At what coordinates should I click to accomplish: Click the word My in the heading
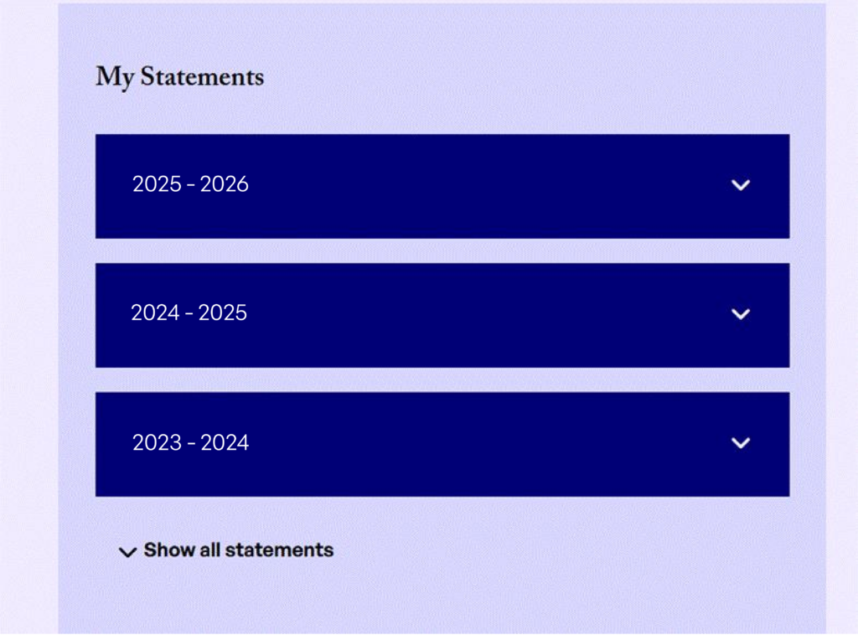click(115, 77)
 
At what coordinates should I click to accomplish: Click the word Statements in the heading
click(202, 76)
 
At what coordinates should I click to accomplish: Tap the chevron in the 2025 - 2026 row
click(741, 185)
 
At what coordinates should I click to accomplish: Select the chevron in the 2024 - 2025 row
click(741, 314)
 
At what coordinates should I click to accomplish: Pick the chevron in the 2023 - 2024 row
click(741, 443)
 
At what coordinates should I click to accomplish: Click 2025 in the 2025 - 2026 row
click(157, 184)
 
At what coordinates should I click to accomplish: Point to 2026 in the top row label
click(225, 184)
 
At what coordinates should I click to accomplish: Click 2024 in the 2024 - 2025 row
click(155, 312)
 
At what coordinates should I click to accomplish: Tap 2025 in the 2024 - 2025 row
click(223, 312)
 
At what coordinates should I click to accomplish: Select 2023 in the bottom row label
click(157, 442)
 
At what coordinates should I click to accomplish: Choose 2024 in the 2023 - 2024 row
click(225, 442)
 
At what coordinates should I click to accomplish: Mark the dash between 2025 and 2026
click(191, 185)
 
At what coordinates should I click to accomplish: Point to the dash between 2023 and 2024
click(191, 443)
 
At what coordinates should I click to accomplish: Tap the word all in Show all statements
click(209, 550)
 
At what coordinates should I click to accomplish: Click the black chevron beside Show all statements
click(127, 552)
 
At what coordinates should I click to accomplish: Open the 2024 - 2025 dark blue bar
click(442, 315)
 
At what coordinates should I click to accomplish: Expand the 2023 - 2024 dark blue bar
click(442, 444)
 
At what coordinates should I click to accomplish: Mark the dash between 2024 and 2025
click(189, 314)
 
